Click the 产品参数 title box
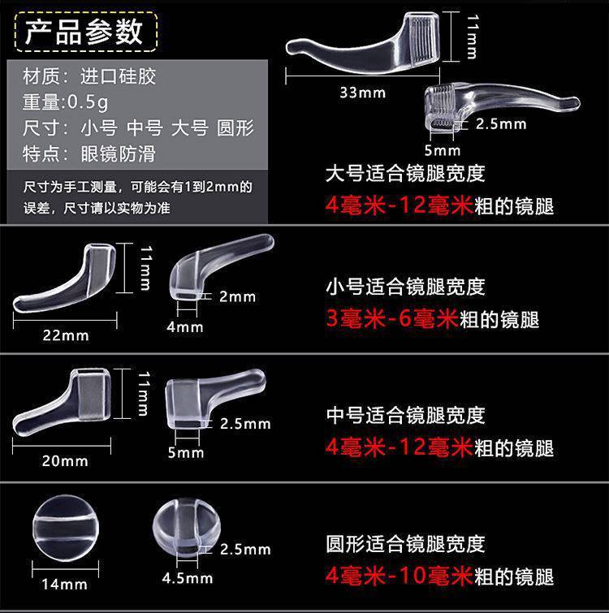[84, 32]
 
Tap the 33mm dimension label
[363, 93]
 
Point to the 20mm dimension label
[65, 460]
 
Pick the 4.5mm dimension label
[188, 578]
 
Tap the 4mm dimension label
[185, 326]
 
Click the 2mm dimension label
[237, 296]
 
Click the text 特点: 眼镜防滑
[90, 153]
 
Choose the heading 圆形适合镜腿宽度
[405, 543]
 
